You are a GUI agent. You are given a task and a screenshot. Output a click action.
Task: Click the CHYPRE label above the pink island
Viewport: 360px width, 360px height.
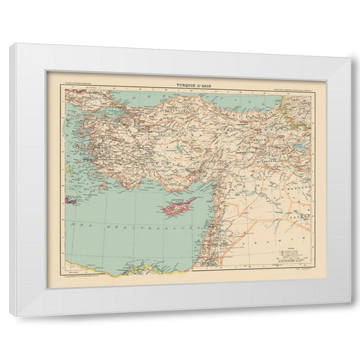[x=175, y=199]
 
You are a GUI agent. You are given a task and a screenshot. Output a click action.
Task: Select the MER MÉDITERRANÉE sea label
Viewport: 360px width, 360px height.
[x=112, y=224]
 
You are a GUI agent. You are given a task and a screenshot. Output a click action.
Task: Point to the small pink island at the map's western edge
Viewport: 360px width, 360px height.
[x=72, y=200]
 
